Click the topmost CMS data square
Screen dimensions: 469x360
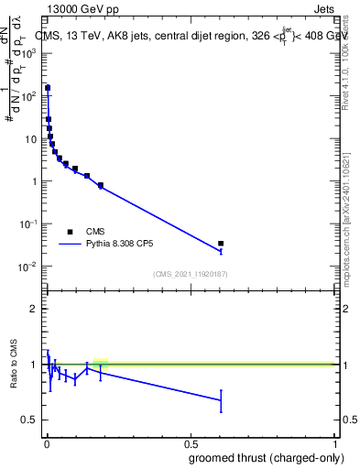48,89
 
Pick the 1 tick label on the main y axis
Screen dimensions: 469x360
32,181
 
